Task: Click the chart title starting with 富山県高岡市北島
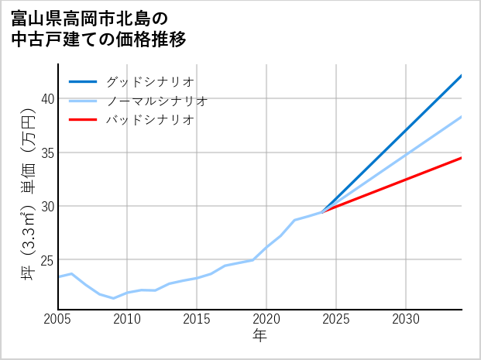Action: [x=99, y=28]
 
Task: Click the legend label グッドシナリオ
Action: [x=149, y=81]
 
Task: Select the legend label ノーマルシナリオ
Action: [x=156, y=101]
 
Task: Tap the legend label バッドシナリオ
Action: [x=149, y=120]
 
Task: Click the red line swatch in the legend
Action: [x=83, y=120]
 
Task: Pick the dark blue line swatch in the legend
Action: [x=83, y=81]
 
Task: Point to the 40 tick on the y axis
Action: [x=47, y=98]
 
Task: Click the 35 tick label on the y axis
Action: [x=47, y=153]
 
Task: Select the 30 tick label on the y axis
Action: [x=47, y=207]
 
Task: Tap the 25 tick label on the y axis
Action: [x=47, y=260]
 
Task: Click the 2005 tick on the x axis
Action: [x=58, y=319]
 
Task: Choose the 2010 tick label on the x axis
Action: [x=127, y=319]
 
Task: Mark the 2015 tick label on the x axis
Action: [x=197, y=319]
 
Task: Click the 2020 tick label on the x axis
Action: [x=266, y=319]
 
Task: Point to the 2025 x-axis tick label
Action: [x=336, y=319]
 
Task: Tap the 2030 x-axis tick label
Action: [x=406, y=319]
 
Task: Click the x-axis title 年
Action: [x=260, y=336]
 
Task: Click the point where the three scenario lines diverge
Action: [x=322, y=212]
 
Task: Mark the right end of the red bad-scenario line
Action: [x=462, y=158]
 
